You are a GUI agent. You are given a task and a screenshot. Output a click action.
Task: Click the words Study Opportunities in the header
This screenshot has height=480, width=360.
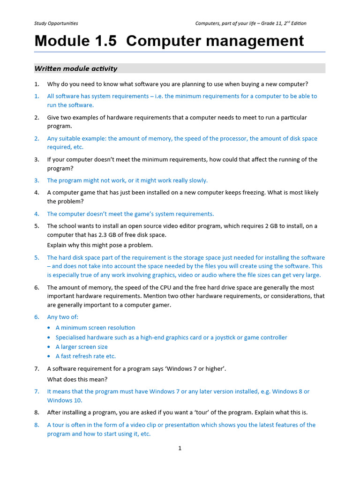click(56, 23)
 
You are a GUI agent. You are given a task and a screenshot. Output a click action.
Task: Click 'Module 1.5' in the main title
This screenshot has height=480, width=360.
click(75, 41)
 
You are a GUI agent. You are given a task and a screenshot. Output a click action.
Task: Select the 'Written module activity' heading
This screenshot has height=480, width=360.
click(76, 68)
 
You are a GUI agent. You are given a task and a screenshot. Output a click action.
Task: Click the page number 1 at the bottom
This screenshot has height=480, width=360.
click(180, 448)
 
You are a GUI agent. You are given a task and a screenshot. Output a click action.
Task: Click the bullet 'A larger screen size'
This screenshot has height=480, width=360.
click(82, 347)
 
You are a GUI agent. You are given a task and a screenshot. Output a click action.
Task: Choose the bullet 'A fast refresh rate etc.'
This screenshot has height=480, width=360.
click(86, 356)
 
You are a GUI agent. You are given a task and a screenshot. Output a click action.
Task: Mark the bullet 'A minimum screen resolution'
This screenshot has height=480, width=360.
click(95, 328)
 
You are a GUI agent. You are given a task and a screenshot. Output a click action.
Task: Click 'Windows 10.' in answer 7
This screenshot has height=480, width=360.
click(65, 400)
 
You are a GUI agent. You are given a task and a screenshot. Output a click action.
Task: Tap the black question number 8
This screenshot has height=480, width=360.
click(37, 412)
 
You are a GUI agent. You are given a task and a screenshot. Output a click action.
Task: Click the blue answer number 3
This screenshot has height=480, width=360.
click(37, 180)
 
